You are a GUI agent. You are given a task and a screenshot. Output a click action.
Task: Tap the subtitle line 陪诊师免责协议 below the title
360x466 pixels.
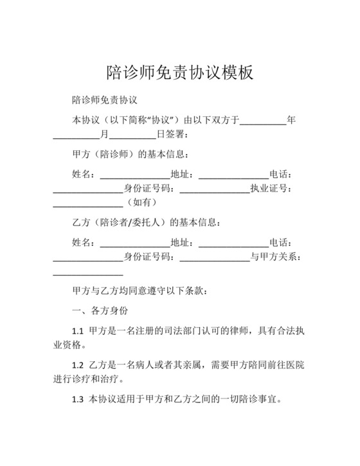[106, 101]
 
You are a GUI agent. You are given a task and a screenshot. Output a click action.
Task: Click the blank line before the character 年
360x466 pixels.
[263, 120]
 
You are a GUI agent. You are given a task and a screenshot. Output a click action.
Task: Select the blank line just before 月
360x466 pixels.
[76, 134]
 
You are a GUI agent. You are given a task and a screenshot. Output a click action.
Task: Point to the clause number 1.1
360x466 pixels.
[78, 330]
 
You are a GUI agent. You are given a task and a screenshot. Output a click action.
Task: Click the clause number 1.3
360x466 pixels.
[78, 399]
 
